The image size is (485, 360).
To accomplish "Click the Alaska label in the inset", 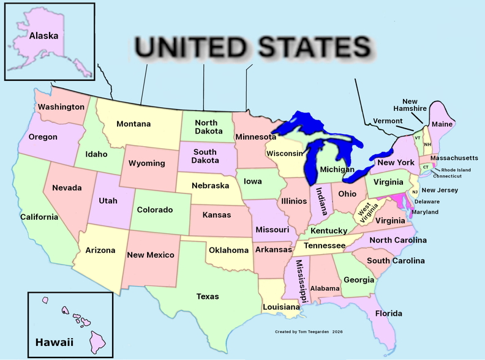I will pos(44,36).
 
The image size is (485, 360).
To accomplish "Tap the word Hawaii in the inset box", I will pos(54,342).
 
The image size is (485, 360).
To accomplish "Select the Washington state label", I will pos(61,107).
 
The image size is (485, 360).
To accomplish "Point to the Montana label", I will pos(133,124).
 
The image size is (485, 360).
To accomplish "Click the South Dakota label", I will pos(205,156).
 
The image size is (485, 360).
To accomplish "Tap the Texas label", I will pos(208,296).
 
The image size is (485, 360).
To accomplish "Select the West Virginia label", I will pos(367,214).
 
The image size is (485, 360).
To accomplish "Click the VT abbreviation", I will pos(418,138).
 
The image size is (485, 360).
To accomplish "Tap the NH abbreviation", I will pos(427,144).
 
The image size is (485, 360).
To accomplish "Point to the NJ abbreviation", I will pos(415,192).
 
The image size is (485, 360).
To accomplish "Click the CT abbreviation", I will pos(426,167).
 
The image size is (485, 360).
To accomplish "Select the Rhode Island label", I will pos(456,170).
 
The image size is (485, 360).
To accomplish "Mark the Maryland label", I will pos(425,212).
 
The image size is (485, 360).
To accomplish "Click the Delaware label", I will pos(427,201).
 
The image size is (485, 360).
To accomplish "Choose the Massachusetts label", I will pos(454,158).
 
